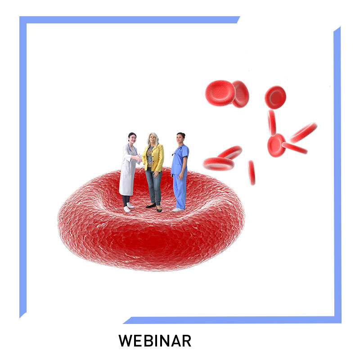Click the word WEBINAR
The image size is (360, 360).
tap(155, 341)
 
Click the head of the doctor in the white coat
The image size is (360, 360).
tap(132, 138)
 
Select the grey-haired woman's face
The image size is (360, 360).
tap(153, 139)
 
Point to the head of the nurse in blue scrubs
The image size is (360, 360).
tap(181, 138)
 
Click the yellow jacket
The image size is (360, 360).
tap(154, 157)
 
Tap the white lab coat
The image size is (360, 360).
tap(128, 170)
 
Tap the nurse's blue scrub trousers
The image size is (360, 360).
tap(180, 191)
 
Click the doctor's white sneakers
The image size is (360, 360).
tap(129, 207)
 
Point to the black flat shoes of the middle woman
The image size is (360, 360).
tap(154, 207)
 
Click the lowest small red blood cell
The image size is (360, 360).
tap(252, 173)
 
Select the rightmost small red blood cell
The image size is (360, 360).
tap(303, 132)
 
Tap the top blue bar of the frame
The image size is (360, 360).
tap(130, 20)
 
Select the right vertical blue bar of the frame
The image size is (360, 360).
tap(337, 175)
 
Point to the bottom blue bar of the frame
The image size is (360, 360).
tap(232, 320)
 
